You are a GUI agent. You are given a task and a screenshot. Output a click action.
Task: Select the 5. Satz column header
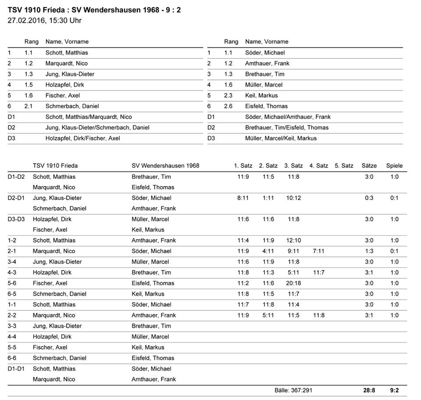tap(344, 166)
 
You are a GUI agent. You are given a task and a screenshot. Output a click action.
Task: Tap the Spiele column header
tap(394, 166)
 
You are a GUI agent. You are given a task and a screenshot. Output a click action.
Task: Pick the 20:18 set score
tap(293, 283)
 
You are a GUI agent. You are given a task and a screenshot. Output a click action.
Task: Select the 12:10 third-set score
tap(293, 240)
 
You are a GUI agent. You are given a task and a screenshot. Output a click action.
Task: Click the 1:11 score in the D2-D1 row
tap(268, 198)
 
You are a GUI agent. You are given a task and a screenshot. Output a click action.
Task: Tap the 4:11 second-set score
tap(268, 251)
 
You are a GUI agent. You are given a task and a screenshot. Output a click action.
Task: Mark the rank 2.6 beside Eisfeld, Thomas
tap(228, 106)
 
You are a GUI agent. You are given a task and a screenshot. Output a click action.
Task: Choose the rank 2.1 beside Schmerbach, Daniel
tap(29, 106)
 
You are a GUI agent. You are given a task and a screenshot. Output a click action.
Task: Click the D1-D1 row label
tap(16, 369)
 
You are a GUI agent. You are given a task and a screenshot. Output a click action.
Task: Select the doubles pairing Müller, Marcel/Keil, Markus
tap(281, 138)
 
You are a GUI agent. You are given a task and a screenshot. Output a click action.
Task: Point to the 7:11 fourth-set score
tap(319, 251)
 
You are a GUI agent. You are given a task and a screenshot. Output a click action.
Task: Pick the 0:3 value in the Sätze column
tap(369, 198)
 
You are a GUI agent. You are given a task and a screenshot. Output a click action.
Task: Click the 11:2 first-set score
tap(243, 283)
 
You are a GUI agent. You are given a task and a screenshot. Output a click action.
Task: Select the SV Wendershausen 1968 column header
tap(165, 166)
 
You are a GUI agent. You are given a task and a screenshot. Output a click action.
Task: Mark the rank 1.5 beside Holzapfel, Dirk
tap(29, 85)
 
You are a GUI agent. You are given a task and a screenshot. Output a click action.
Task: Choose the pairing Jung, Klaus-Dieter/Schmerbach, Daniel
tap(97, 128)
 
